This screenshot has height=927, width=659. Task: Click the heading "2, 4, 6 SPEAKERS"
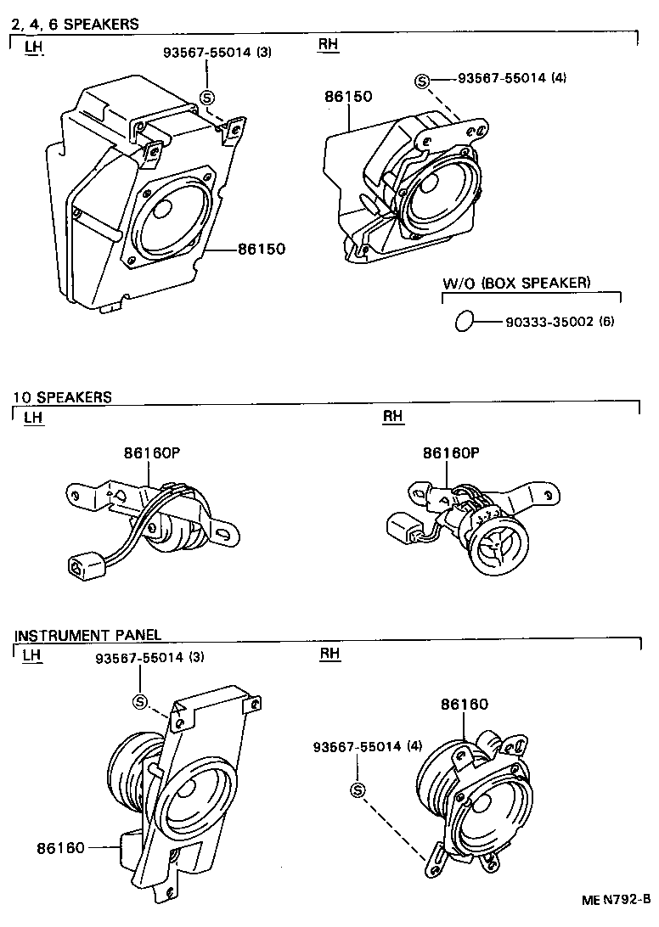point(75,25)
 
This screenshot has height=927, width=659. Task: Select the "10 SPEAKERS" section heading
point(62,396)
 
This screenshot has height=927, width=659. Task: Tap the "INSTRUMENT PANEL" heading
point(87,635)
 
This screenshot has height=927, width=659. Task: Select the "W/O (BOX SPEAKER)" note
point(516,283)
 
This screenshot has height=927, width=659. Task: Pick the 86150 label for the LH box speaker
point(261,250)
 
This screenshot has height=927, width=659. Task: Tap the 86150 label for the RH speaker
point(347,98)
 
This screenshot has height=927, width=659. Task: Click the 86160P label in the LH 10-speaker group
point(153,453)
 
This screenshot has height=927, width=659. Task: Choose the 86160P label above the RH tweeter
point(451,453)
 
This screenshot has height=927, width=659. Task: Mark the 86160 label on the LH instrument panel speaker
point(61,847)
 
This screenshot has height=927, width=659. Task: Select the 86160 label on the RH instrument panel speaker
point(464,704)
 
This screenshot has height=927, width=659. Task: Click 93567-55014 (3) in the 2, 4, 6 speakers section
point(217,53)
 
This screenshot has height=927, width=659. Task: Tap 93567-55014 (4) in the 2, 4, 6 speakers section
point(512,78)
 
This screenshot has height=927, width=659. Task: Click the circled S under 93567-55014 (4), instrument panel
point(357,790)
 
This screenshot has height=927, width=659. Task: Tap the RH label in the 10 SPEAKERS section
point(393,416)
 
